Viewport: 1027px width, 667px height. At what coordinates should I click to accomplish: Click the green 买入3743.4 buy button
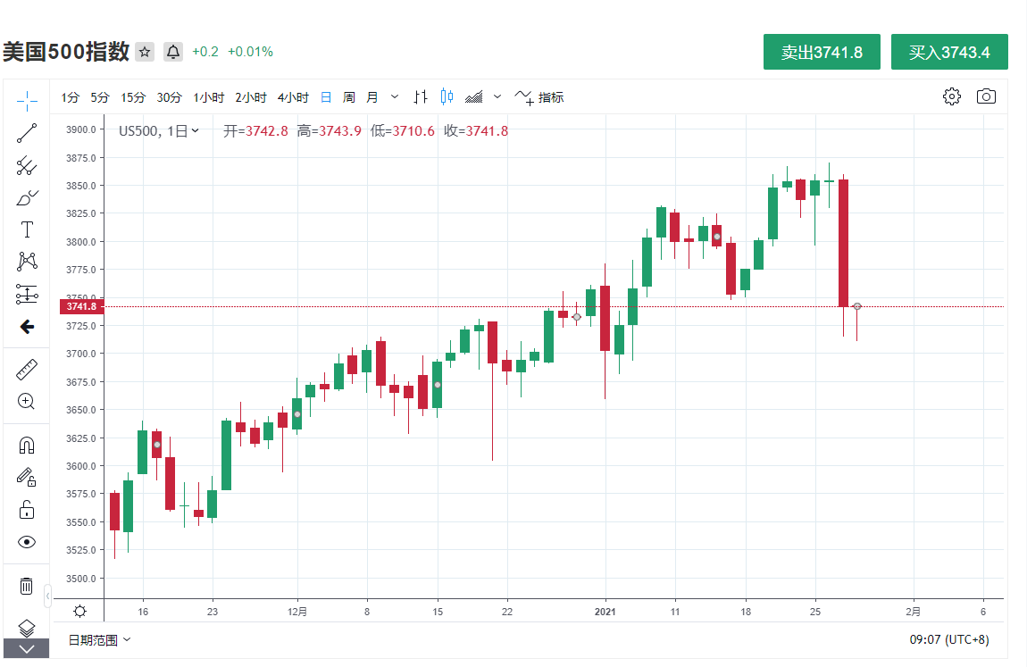tap(949, 52)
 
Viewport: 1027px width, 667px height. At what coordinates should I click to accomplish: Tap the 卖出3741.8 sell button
tap(822, 52)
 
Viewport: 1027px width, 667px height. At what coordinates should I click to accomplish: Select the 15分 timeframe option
tap(133, 97)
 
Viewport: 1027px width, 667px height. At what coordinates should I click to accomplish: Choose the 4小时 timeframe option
tap(293, 97)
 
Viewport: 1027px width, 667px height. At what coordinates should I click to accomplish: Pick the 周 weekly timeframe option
tap(349, 97)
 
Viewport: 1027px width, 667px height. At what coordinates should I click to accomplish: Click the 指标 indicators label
tap(551, 97)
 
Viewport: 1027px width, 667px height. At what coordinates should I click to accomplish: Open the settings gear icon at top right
tap(952, 96)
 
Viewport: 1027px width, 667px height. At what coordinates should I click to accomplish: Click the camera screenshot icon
tap(986, 96)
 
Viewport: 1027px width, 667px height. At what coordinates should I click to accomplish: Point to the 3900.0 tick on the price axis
tap(80, 129)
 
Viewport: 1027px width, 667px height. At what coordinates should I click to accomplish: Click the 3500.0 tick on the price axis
tap(80, 578)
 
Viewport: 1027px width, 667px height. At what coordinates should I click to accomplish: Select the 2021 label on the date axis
tap(605, 612)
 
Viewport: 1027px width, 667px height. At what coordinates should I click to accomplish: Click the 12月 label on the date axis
tap(297, 612)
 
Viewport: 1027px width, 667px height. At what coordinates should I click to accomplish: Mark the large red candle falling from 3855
tap(843, 243)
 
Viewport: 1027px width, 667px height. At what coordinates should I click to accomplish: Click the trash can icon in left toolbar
tap(27, 586)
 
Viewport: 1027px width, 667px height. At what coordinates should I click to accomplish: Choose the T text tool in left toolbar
tap(27, 229)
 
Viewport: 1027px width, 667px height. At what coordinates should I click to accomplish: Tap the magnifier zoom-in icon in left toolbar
tap(27, 401)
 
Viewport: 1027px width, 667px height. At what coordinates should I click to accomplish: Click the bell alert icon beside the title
tap(173, 52)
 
